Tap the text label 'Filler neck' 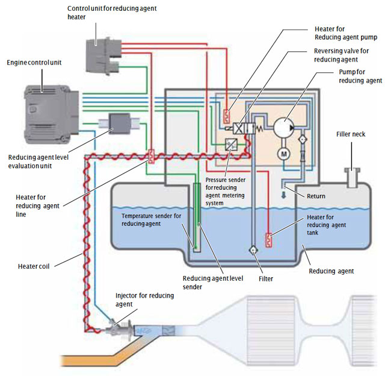[x=350, y=134]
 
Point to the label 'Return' [x=315, y=196]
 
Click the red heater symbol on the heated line [x=151, y=157]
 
